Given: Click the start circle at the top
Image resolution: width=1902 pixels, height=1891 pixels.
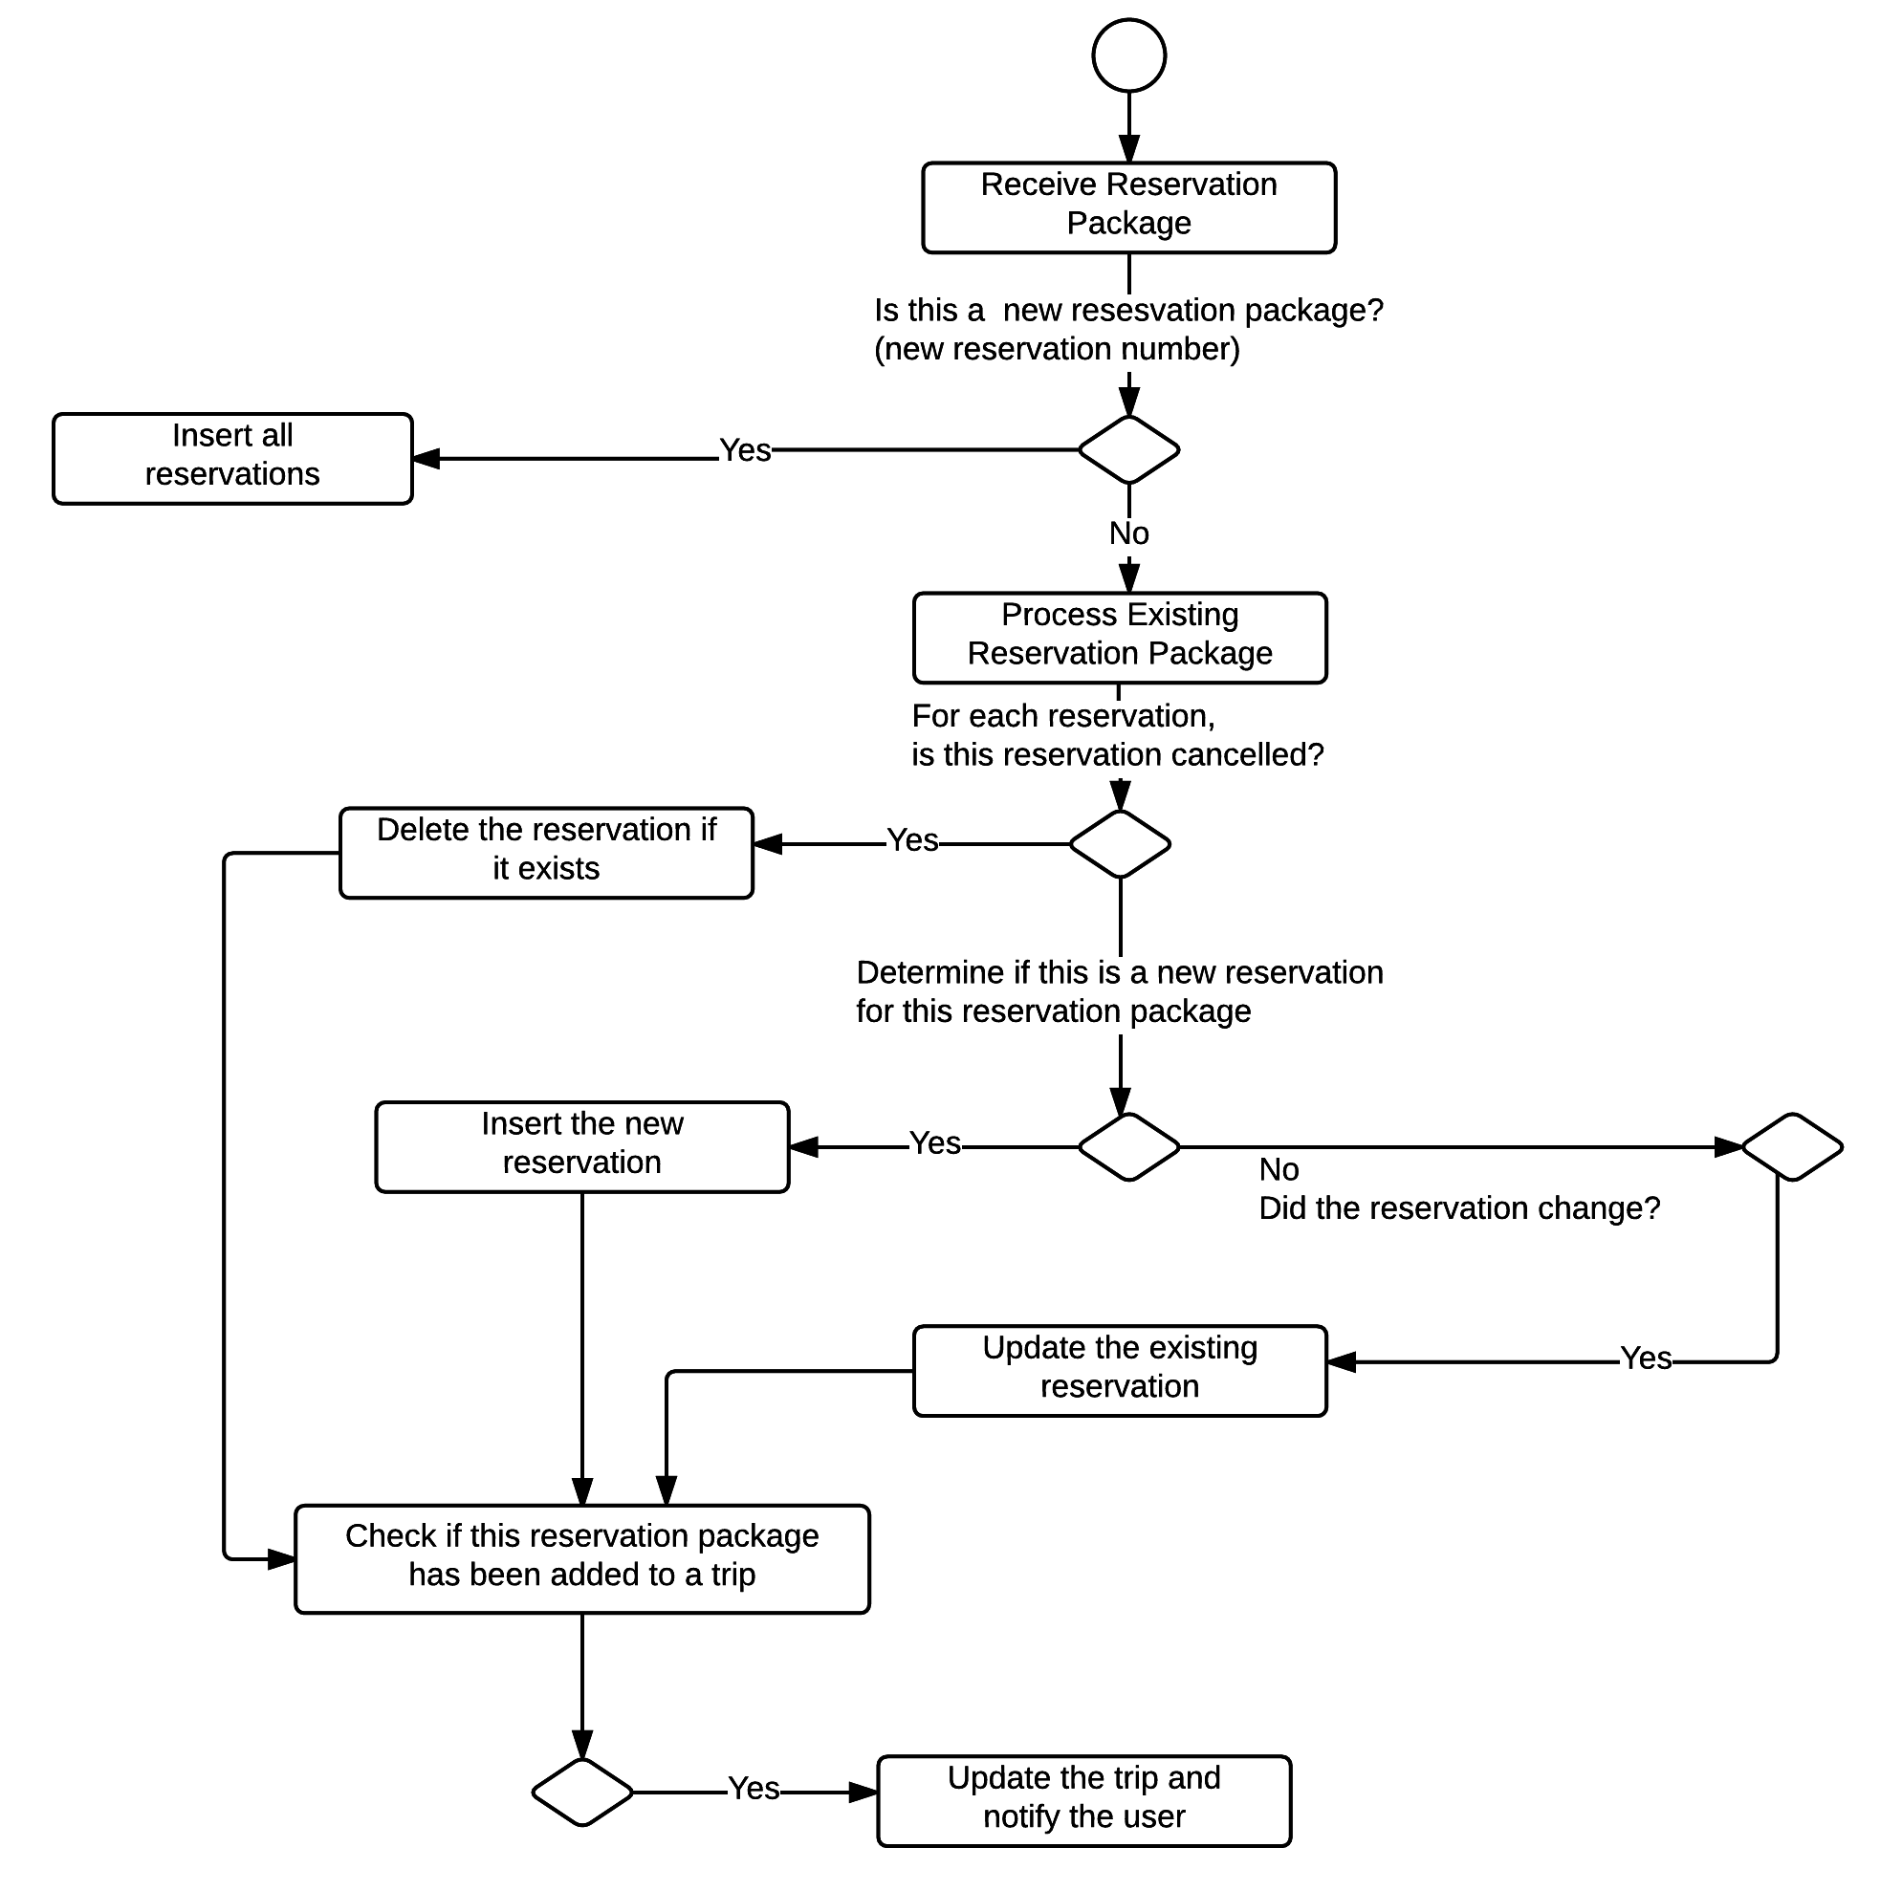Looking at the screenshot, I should (x=1129, y=55).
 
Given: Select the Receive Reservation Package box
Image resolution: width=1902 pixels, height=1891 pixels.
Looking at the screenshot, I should (x=1128, y=207).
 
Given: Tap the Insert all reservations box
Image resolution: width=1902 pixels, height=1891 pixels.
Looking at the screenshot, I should (x=232, y=459).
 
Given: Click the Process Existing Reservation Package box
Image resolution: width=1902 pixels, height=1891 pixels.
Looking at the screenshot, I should (x=1120, y=638).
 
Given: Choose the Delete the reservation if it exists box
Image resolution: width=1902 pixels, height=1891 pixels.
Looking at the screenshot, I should (x=546, y=853).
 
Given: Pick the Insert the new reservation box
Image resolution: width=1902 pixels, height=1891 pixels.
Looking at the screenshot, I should (x=581, y=1147).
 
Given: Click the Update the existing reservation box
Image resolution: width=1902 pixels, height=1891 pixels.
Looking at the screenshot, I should (x=1120, y=1370).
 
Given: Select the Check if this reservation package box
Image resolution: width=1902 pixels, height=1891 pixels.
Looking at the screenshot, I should (x=581, y=1558).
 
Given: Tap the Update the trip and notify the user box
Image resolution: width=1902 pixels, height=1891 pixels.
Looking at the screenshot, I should (x=1083, y=1800).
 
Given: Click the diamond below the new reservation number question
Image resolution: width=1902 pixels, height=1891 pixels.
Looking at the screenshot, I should (x=1129, y=450).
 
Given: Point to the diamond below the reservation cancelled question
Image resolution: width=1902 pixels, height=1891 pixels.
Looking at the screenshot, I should (x=1120, y=843).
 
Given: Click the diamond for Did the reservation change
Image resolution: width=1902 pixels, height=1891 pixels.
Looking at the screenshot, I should (x=1792, y=1147).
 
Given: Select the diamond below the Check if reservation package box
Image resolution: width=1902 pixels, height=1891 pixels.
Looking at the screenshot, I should (x=581, y=1792).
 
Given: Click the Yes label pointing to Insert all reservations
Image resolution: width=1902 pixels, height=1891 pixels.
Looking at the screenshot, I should (x=745, y=451).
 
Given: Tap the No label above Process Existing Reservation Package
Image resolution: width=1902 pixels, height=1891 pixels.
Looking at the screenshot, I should (x=1129, y=533).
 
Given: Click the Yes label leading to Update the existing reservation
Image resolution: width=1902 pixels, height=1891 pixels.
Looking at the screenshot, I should (x=1646, y=1358).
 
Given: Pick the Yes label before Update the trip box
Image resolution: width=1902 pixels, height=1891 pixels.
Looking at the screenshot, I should (x=754, y=1789).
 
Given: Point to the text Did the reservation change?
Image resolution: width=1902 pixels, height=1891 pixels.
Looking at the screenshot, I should (x=1459, y=1207).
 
